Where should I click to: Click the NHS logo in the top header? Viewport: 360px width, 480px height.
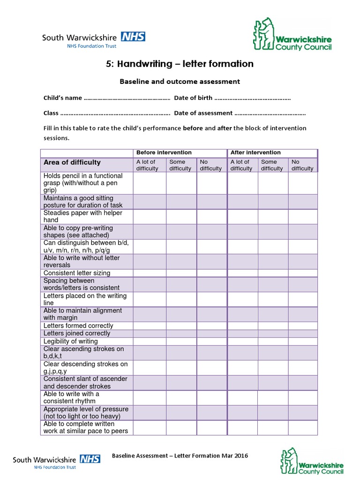[133, 37]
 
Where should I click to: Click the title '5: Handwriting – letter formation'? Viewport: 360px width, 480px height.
[180, 64]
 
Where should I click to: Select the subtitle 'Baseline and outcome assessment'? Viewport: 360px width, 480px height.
[180, 82]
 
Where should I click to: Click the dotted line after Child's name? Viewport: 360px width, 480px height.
[127, 98]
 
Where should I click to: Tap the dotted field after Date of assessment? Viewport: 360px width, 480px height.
[270, 113]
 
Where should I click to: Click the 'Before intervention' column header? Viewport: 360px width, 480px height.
[164, 153]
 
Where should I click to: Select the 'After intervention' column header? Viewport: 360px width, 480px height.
[255, 153]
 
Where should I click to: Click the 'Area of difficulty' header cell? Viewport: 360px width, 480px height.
[72, 163]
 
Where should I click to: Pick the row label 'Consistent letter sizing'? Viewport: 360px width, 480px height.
[77, 273]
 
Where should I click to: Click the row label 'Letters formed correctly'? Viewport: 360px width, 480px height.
[78, 325]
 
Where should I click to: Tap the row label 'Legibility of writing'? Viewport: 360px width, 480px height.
[70, 341]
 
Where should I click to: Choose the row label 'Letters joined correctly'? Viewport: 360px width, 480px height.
[77, 333]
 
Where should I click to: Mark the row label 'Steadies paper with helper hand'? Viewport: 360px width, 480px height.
[82, 216]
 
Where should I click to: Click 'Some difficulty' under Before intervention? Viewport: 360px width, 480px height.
[180, 165]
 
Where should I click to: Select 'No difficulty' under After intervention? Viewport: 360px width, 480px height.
[302, 165]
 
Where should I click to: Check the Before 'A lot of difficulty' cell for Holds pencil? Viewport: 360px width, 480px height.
[150, 183]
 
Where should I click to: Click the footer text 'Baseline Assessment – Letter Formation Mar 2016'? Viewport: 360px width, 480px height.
[180, 456]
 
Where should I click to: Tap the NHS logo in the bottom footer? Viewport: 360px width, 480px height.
[90, 459]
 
